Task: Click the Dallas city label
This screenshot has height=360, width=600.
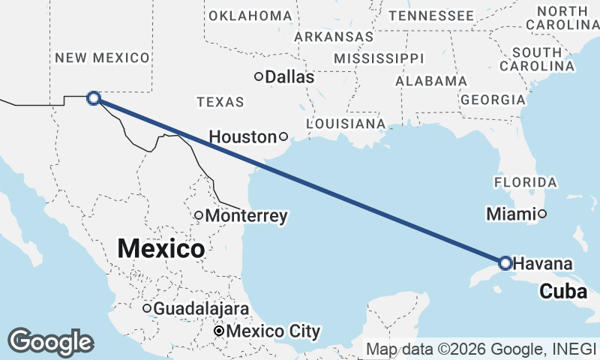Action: (289, 76)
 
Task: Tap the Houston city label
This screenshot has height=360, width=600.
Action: (242, 137)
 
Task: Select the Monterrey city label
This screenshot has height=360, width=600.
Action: (246, 216)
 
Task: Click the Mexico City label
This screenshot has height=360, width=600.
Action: (273, 331)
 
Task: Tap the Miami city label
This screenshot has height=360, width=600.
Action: (511, 214)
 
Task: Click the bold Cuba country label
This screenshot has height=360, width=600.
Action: (563, 292)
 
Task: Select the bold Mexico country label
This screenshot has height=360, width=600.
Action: (161, 248)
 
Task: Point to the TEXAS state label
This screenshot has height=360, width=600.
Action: (220, 102)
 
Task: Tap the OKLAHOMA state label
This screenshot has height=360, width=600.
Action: (250, 16)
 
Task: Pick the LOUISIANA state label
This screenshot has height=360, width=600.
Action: (346, 123)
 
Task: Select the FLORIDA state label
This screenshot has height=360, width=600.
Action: (525, 182)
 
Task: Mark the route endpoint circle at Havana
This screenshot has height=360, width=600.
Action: (505, 263)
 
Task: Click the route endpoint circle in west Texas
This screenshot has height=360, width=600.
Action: (94, 97)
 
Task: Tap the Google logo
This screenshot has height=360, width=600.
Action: (51, 342)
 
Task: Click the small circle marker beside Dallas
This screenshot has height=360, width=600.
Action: (259, 76)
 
